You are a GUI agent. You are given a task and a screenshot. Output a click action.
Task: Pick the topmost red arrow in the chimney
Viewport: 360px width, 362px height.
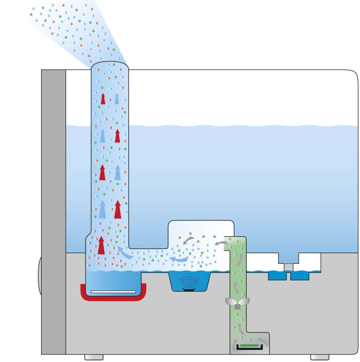tap(103, 99)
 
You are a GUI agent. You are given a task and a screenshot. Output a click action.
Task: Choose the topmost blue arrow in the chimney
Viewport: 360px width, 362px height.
tap(117, 99)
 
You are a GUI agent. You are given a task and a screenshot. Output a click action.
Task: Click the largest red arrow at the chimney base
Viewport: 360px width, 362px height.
tap(101, 245)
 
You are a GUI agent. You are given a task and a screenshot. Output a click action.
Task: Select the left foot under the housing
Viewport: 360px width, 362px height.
tap(94, 357)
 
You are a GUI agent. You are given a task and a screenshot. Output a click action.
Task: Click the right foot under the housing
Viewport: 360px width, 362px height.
tap(320, 357)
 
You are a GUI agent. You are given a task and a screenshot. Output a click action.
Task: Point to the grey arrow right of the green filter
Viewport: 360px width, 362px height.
tap(263, 339)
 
